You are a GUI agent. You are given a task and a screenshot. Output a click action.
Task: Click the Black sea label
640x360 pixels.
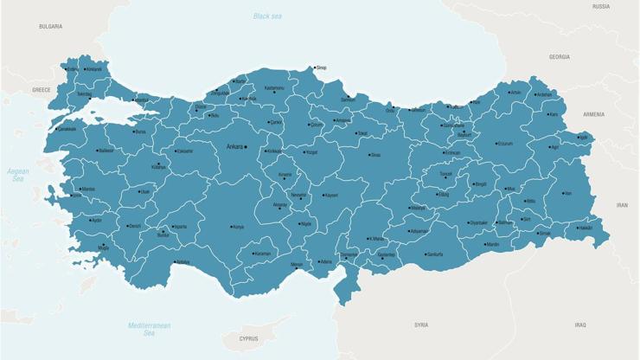[x=267, y=16]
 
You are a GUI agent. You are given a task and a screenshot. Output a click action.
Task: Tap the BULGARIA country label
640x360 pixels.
[x=50, y=27]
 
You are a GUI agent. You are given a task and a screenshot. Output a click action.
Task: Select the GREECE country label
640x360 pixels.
[x=42, y=89]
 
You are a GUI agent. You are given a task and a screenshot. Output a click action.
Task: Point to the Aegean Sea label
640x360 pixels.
[x=18, y=175]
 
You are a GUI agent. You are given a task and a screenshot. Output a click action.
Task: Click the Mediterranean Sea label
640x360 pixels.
[x=149, y=329]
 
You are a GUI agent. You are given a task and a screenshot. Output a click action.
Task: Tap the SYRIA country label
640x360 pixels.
[x=421, y=325]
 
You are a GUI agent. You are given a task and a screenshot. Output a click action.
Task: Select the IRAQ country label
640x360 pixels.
[x=579, y=325]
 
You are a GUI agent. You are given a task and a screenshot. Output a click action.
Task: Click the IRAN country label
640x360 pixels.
[x=622, y=205]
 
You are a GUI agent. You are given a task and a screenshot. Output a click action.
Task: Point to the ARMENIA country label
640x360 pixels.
[x=593, y=114]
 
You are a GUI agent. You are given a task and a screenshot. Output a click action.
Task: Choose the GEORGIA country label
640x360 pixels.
[x=559, y=57]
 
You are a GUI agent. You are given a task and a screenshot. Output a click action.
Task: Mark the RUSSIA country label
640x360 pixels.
[x=600, y=6]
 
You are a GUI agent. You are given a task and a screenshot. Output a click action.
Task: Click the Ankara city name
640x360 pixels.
[x=234, y=147]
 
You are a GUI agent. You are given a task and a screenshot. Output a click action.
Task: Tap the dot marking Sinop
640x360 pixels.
[x=314, y=67]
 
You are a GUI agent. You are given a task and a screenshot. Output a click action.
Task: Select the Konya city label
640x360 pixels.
[x=238, y=227]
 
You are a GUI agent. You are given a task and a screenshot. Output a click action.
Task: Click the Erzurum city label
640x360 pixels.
[x=506, y=144]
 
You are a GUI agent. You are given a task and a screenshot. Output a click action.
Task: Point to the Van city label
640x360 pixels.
[x=567, y=194]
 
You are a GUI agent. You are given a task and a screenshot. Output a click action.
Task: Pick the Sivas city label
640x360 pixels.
[x=375, y=155]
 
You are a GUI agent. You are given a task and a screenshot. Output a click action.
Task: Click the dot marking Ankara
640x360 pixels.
[x=246, y=147]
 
